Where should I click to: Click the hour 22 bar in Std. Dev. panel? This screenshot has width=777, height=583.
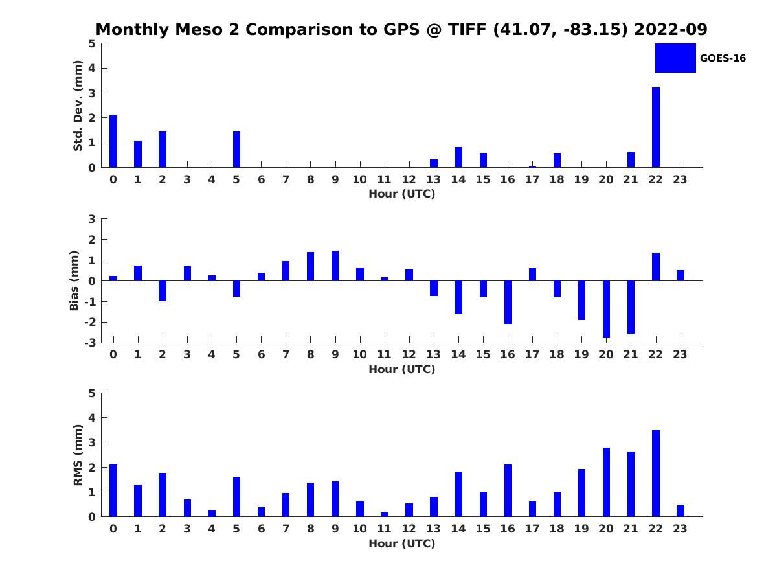pyautogui.click(x=655, y=128)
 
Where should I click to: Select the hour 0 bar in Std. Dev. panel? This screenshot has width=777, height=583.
pyautogui.click(x=113, y=141)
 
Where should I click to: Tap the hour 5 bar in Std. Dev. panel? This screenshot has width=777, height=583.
pyautogui.click(x=236, y=150)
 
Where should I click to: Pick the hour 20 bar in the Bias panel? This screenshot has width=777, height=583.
pyautogui.click(x=606, y=309)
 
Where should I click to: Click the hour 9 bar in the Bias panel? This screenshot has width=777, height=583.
pyautogui.click(x=335, y=266)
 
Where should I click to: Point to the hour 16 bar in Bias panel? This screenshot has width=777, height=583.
pyautogui.click(x=508, y=302)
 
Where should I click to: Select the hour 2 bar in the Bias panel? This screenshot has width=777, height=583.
pyautogui.click(x=163, y=291)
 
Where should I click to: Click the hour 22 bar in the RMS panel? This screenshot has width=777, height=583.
pyautogui.click(x=655, y=473)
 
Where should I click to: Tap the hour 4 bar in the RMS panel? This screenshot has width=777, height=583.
pyautogui.click(x=212, y=513)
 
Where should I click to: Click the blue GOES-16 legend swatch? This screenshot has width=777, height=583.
pyautogui.click(x=675, y=58)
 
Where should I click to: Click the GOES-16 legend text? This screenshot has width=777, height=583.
pyautogui.click(x=723, y=58)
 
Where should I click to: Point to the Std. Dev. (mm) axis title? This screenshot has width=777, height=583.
pyautogui.click(x=78, y=106)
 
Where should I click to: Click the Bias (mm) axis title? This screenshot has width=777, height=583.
pyautogui.click(x=74, y=280)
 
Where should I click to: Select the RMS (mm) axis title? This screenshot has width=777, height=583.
pyautogui.click(x=78, y=455)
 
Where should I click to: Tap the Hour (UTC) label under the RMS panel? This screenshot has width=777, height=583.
pyautogui.click(x=401, y=543)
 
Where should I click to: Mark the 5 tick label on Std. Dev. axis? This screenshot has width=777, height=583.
pyautogui.click(x=92, y=43)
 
